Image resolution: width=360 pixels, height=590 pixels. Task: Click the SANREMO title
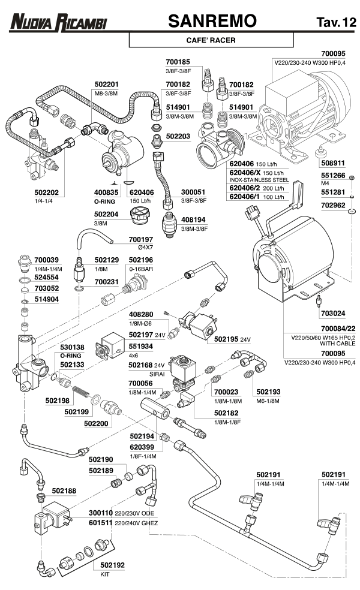coord(212,22)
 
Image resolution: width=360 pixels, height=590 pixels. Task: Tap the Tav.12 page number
coord(335,23)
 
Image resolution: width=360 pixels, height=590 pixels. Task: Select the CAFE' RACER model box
coord(211,40)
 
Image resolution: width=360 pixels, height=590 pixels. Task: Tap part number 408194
coord(194,220)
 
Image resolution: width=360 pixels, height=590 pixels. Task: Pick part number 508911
coord(334,162)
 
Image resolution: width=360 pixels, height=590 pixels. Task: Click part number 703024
coord(334,312)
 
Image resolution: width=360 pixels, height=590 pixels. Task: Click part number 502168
coord(142,365)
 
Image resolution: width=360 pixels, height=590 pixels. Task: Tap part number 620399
coord(142,447)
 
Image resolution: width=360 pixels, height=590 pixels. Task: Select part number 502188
coord(64,490)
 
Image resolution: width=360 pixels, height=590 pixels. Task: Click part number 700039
coord(46,260)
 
